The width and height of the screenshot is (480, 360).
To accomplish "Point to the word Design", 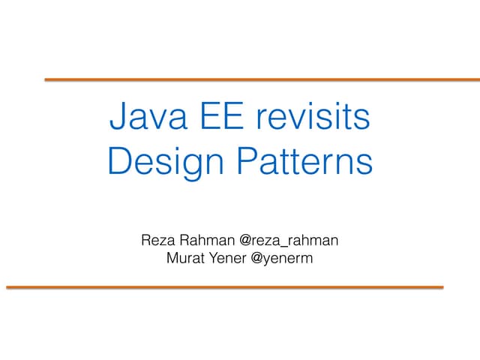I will [x=158, y=163].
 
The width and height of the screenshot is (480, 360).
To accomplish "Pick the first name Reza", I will [x=157, y=241].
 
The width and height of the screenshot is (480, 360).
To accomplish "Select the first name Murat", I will [x=189, y=259].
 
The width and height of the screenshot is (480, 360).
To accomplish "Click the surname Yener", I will [x=233, y=259].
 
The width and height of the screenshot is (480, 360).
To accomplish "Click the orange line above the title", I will [x=262, y=79].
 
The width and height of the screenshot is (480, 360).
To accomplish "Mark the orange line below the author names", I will [x=224, y=286].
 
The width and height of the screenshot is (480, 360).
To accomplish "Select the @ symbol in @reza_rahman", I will [x=246, y=241].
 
